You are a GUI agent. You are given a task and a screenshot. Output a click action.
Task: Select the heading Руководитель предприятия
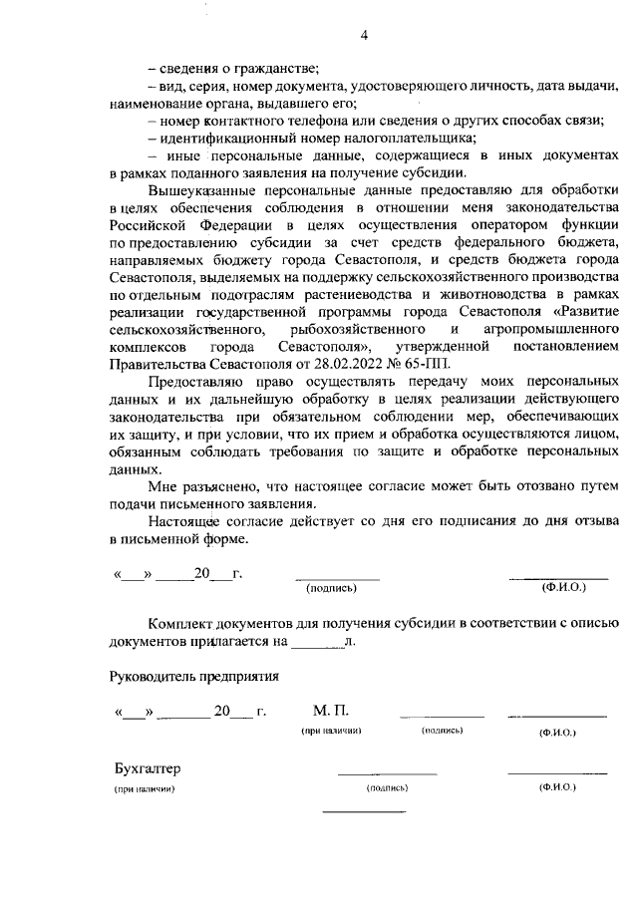[x=193, y=675]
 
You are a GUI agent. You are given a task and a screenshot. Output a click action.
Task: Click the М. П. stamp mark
[x=330, y=711]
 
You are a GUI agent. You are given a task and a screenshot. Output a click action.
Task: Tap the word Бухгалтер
[x=148, y=769]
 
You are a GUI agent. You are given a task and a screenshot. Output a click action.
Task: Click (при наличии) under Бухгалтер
[x=145, y=789]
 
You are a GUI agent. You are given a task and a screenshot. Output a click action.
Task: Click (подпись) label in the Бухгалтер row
[x=388, y=788]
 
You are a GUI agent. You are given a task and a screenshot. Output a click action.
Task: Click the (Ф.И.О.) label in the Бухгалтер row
[x=557, y=787]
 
